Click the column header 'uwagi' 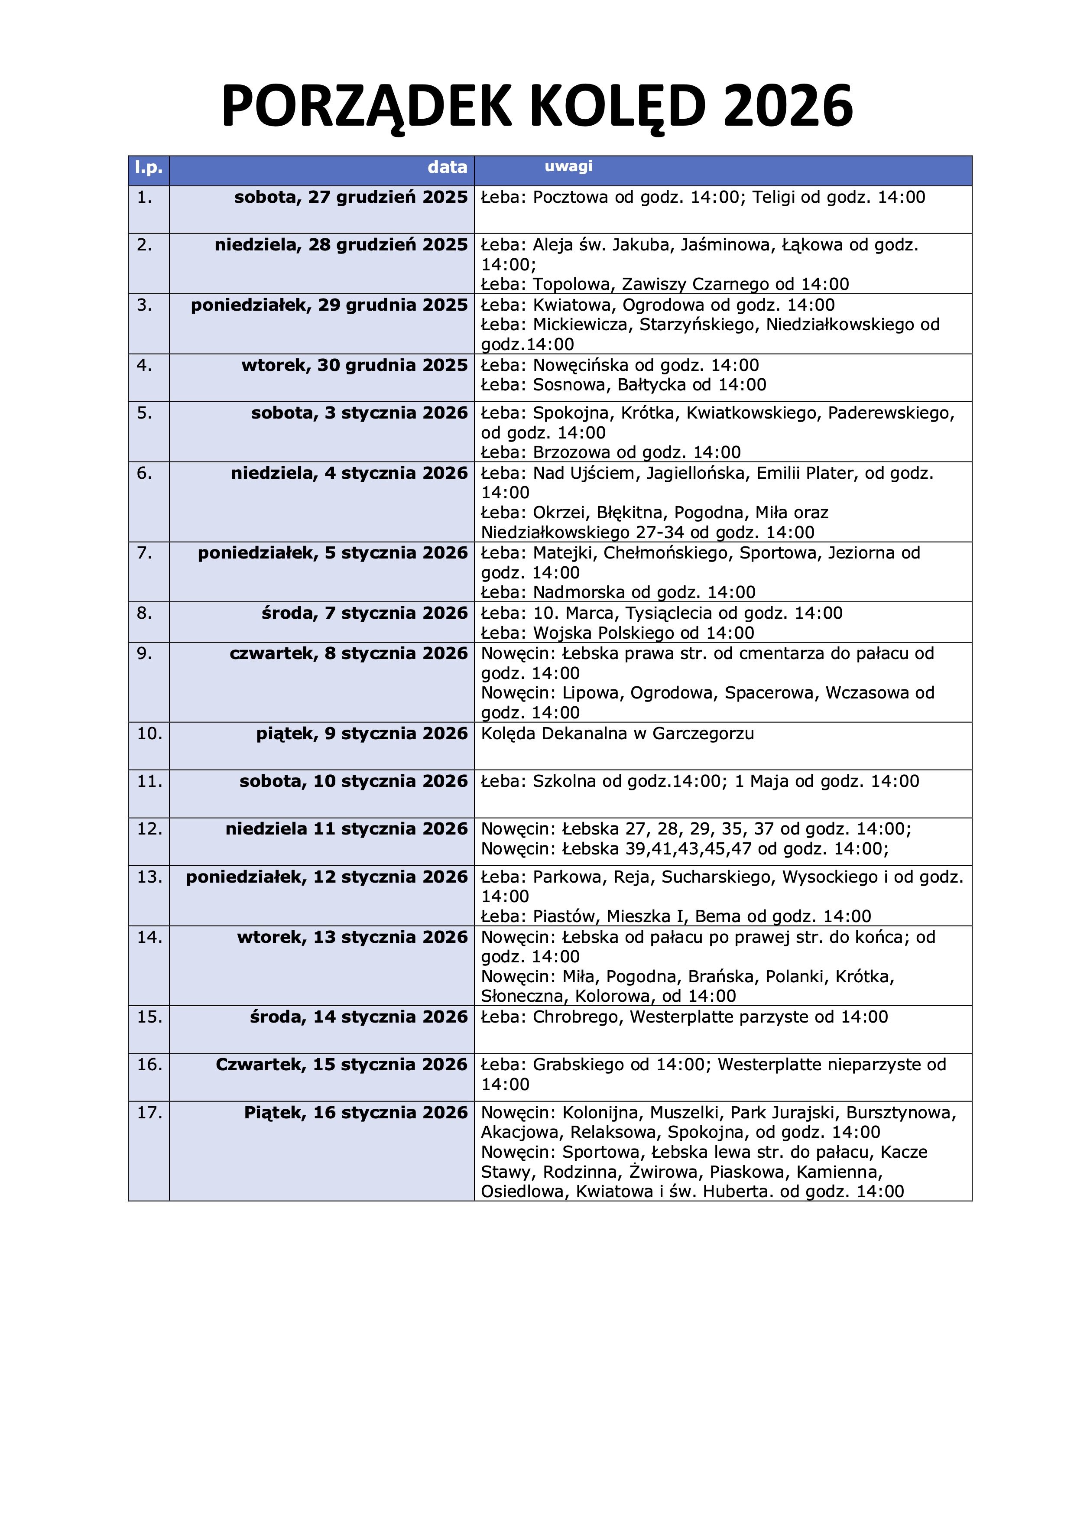pos(568,166)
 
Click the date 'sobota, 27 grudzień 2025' pos(351,197)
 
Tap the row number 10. pos(149,734)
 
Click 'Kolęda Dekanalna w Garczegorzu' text pos(617,734)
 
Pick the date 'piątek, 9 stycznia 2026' pos(362,734)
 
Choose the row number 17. pos(149,1112)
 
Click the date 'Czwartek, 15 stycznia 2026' pos(341,1065)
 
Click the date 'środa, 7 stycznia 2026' pos(365,613)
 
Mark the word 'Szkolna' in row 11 pos(564,781)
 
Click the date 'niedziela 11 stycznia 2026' pos(346,829)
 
